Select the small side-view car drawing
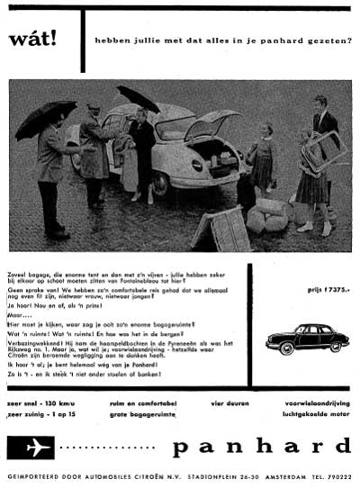306,338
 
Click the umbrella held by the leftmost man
43,113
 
